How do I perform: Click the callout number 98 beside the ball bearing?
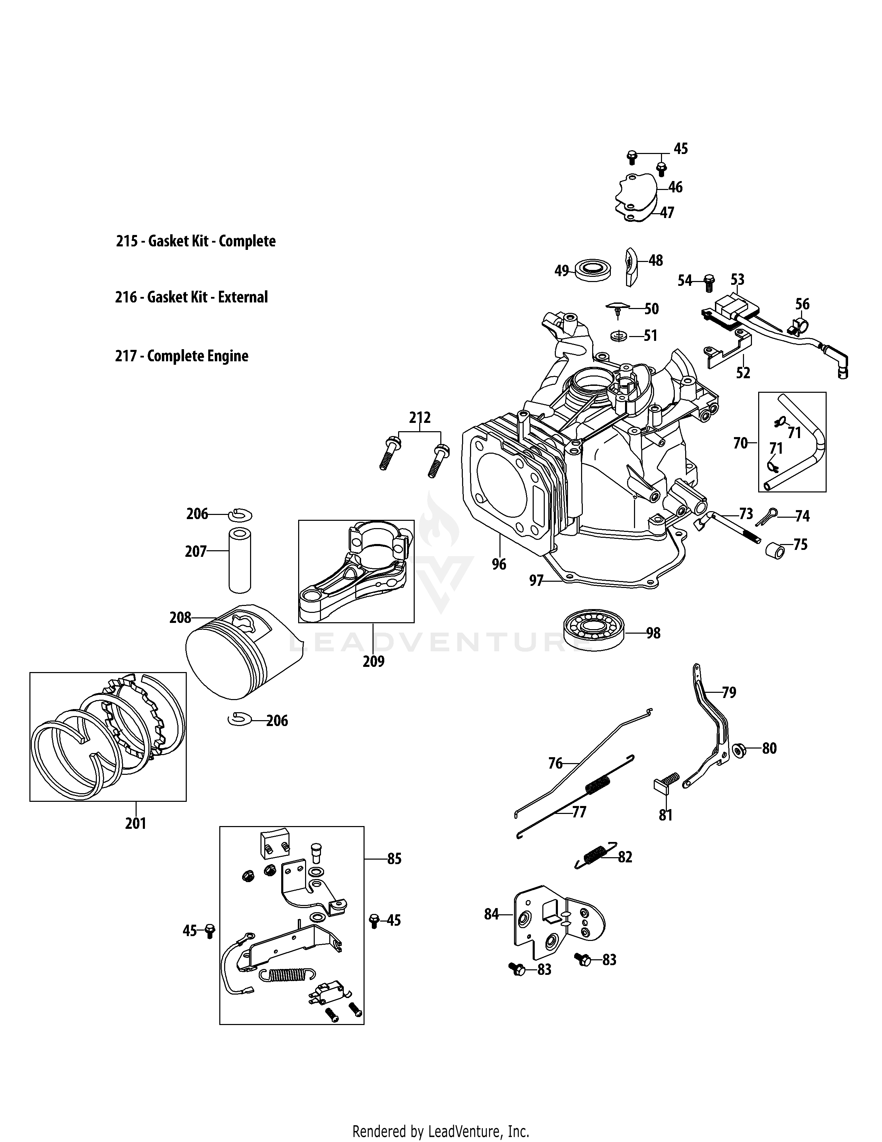653,633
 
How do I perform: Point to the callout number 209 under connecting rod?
374,661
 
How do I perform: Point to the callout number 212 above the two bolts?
420,418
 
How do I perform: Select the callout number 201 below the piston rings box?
135,824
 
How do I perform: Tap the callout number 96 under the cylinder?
499,564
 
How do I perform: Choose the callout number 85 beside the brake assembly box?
395,859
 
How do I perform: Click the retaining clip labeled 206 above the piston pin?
240,515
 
